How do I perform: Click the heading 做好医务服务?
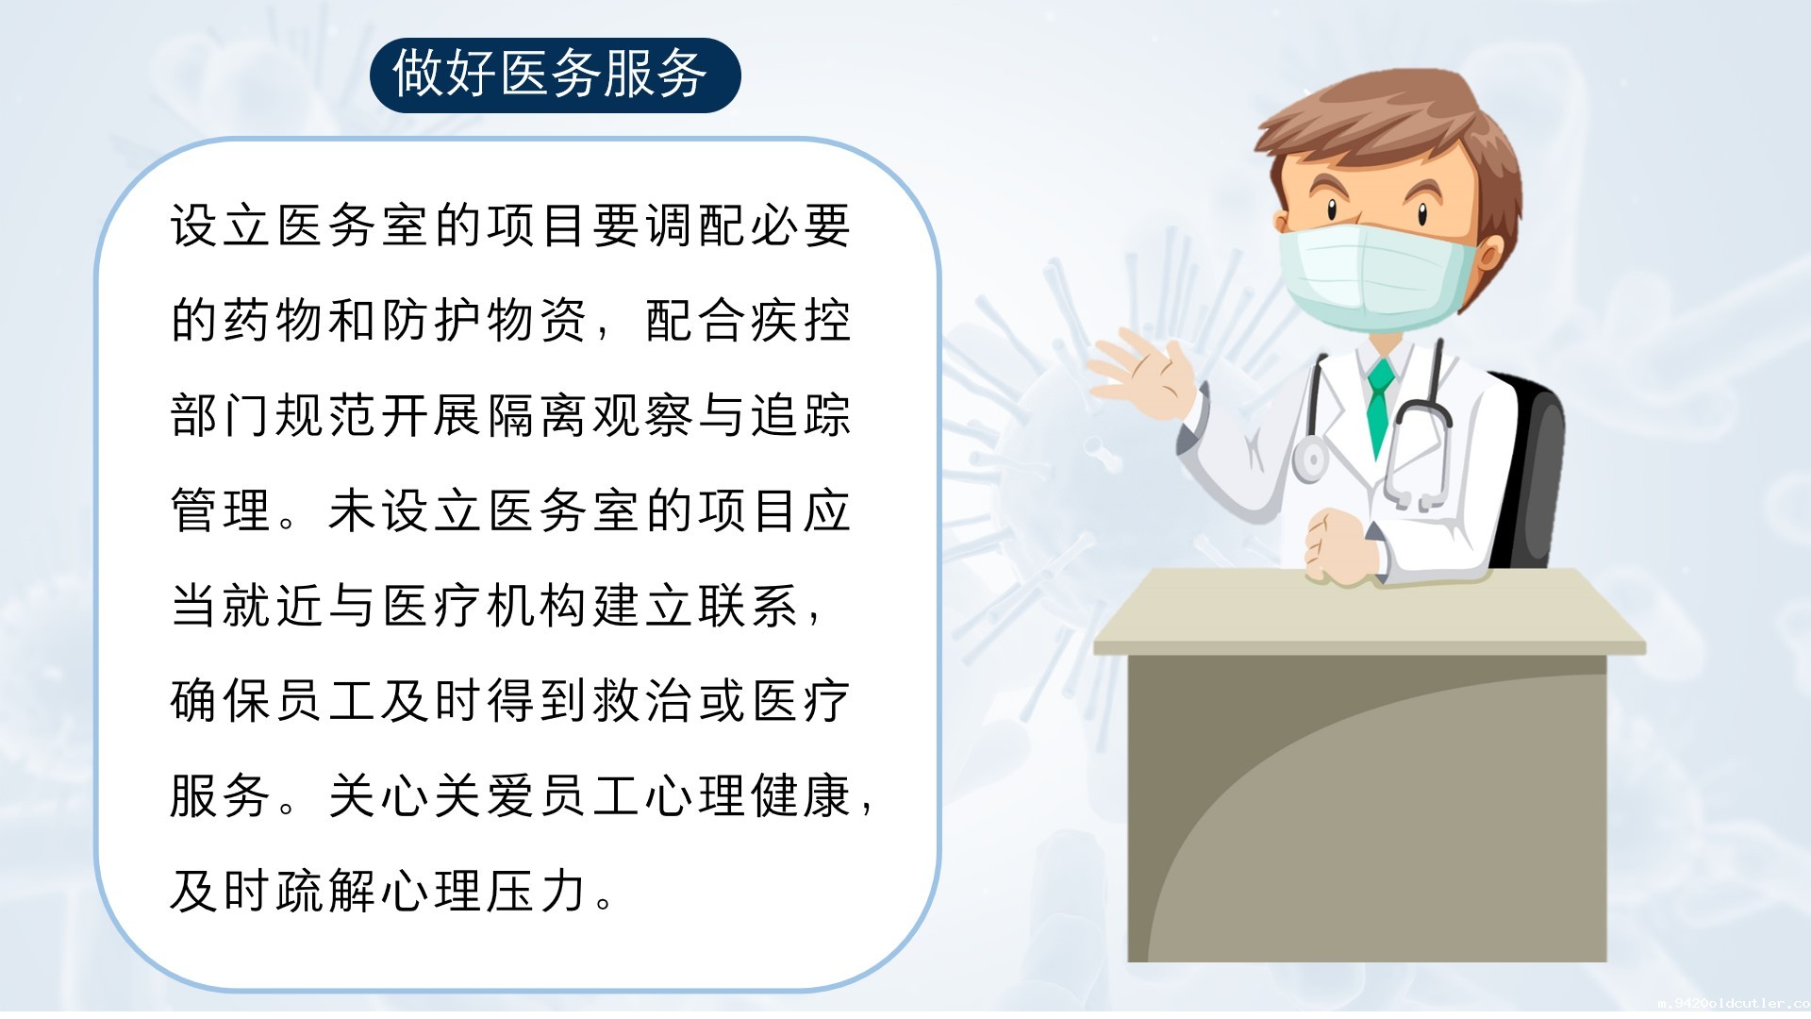point(550,74)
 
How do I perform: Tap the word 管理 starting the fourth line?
point(222,511)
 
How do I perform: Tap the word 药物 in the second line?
point(274,321)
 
